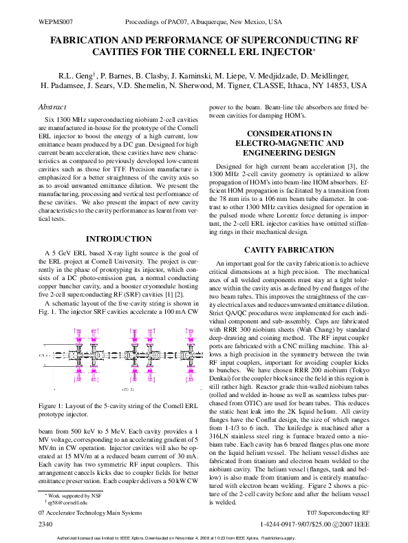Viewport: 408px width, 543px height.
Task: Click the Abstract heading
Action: (x=52, y=107)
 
